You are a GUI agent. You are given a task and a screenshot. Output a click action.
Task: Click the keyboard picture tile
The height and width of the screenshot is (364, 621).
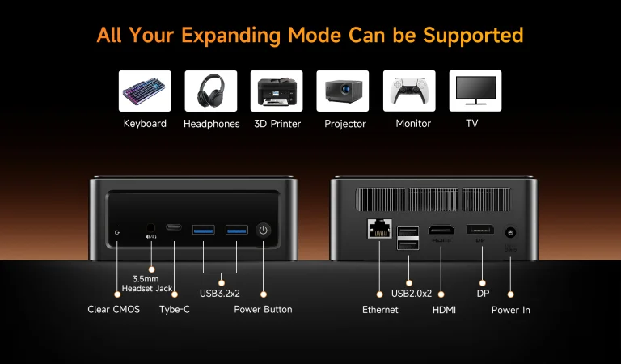coord(145,91)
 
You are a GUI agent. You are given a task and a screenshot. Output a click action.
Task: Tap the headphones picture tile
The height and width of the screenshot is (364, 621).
coord(211,91)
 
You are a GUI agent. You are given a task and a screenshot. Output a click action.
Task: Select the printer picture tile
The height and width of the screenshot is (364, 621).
coord(277,91)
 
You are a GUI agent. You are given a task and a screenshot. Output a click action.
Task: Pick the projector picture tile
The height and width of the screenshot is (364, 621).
coord(343,91)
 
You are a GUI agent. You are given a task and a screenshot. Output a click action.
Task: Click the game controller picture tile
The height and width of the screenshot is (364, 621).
coord(409,91)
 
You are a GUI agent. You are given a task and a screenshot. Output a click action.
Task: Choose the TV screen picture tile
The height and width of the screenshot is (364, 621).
coord(475,91)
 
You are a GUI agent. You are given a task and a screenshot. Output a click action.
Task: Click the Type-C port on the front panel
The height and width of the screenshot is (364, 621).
coord(174,227)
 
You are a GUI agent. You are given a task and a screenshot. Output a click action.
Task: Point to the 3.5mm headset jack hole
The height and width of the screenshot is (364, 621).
coord(150,228)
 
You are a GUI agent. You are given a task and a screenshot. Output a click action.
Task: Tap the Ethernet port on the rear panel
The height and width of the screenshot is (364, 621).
coord(380,229)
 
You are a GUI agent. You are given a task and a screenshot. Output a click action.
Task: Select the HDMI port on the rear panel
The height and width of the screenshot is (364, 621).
coord(441,230)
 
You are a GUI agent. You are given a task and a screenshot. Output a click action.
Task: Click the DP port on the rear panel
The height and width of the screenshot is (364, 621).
coord(480,230)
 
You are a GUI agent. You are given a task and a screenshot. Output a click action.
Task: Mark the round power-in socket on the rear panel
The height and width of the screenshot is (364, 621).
coord(510,232)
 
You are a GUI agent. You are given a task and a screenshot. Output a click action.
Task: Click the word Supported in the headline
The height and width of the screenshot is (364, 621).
coord(473,36)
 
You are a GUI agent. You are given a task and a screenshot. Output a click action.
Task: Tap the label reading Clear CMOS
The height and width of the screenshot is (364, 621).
coord(114,309)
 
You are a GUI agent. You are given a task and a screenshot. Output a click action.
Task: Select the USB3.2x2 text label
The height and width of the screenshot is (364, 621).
coord(220,294)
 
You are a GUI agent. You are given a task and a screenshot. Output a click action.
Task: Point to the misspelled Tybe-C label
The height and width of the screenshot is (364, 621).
coord(175,309)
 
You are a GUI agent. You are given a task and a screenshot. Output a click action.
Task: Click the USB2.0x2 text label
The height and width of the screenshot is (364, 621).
coord(412,294)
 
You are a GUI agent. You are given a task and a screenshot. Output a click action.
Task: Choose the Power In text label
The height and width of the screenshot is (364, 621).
coord(511,310)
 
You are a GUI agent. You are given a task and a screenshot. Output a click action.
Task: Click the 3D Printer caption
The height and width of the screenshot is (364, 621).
coord(277,124)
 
